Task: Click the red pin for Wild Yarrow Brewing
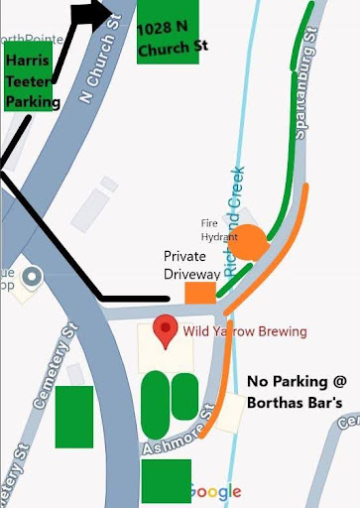click(x=168, y=329)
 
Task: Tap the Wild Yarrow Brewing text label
click(x=244, y=331)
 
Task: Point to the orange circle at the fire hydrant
click(x=249, y=242)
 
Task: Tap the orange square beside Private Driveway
click(x=201, y=294)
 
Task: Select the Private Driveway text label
click(x=192, y=266)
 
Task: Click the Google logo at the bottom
click(x=215, y=492)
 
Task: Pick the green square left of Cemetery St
click(x=74, y=416)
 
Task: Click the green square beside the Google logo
click(x=166, y=480)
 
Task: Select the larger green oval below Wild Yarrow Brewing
click(x=156, y=402)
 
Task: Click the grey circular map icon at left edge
click(x=31, y=277)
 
